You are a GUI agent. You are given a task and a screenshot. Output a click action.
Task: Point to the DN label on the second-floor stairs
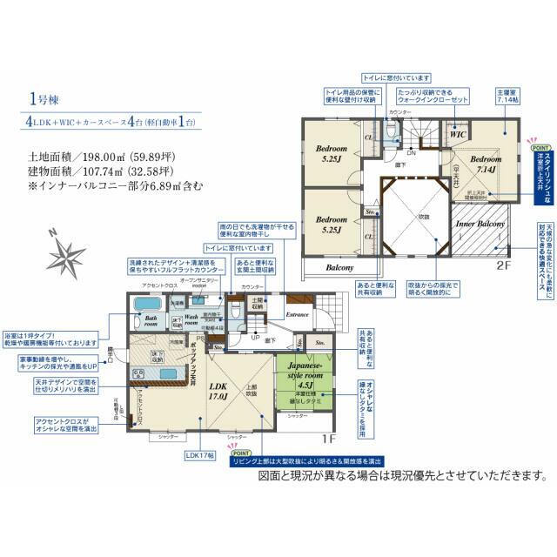click(411, 151)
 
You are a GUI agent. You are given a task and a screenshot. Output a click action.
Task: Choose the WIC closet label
click(457, 136)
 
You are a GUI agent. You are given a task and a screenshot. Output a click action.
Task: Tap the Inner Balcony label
click(480, 225)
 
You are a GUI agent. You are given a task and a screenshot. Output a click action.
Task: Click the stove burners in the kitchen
click(138, 376)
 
